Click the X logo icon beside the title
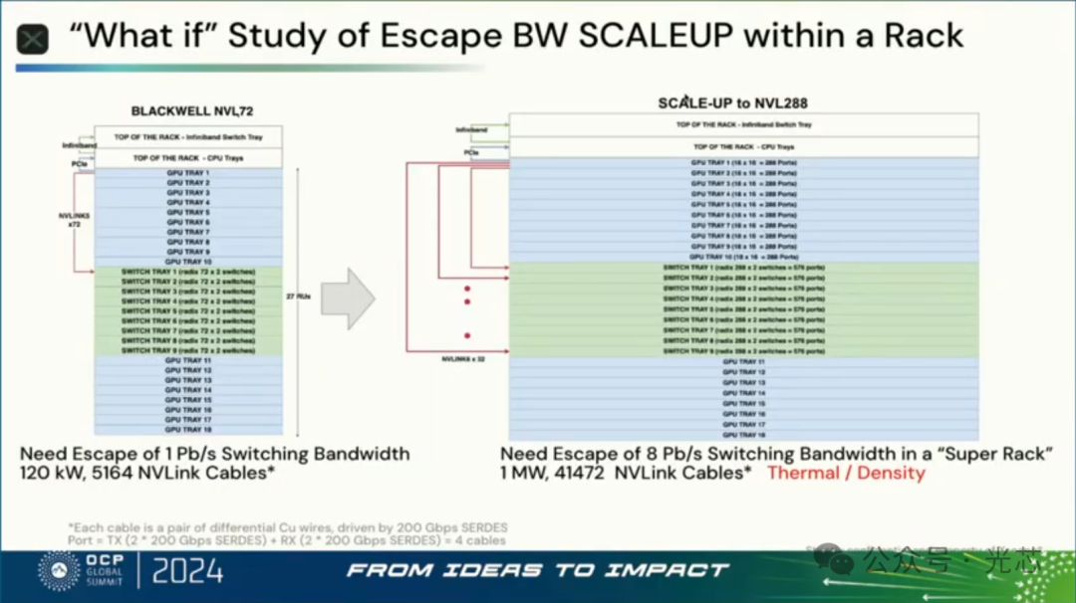click(x=34, y=39)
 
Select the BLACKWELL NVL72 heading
click(x=188, y=111)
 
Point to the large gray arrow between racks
click(x=347, y=297)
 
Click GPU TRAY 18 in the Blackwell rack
click(x=188, y=429)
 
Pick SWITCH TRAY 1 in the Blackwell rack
click(x=188, y=272)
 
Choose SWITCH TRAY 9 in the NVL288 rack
click(x=743, y=351)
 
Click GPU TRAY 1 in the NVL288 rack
click(x=743, y=161)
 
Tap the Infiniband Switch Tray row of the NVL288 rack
click(x=743, y=125)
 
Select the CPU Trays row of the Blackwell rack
click(x=188, y=158)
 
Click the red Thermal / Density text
click(x=846, y=473)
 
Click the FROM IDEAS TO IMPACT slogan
click(x=538, y=570)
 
